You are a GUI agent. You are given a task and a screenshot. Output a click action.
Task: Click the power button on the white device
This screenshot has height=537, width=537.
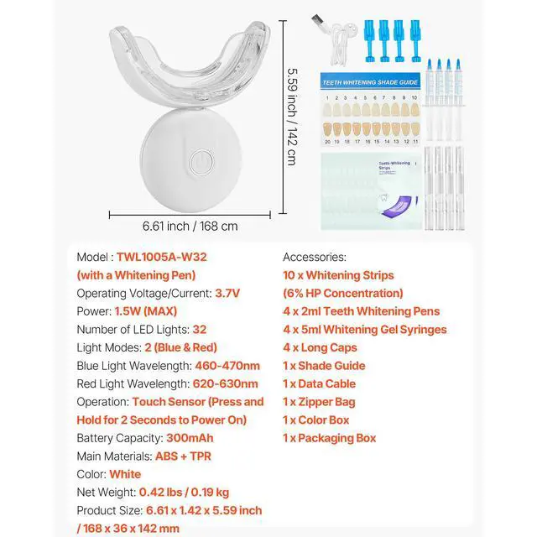tap(200, 162)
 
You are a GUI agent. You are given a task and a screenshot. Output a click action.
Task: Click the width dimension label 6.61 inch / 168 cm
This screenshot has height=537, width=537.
tap(190, 226)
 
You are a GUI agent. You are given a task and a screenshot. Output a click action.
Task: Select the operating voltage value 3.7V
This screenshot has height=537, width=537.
tap(227, 293)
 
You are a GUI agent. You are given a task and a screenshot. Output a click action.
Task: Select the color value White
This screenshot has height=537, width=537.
tap(125, 474)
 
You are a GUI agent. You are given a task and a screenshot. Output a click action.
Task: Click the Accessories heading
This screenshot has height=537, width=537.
tap(315, 257)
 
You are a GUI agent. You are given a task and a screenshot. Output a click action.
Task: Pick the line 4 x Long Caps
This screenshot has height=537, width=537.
tap(320, 347)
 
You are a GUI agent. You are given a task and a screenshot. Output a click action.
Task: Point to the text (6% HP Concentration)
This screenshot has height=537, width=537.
tap(343, 293)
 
